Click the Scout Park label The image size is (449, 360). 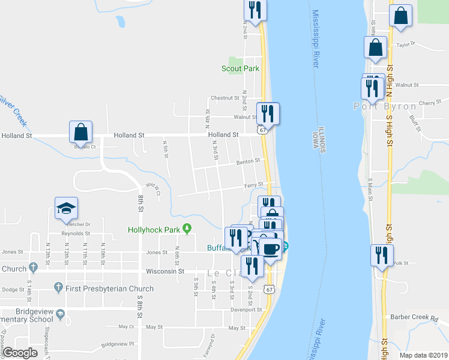[x=240, y=68]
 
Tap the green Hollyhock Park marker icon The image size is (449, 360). [x=187, y=229]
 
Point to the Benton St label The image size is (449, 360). [x=248, y=161]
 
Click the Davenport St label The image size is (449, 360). [x=247, y=310]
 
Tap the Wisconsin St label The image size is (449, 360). [x=164, y=271]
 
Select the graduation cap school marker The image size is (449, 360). [x=66, y=208]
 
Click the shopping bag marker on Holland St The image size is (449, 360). [x=80, y=131]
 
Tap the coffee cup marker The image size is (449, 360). [x=270, y=247]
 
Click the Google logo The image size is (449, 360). [x=20, y=353]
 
